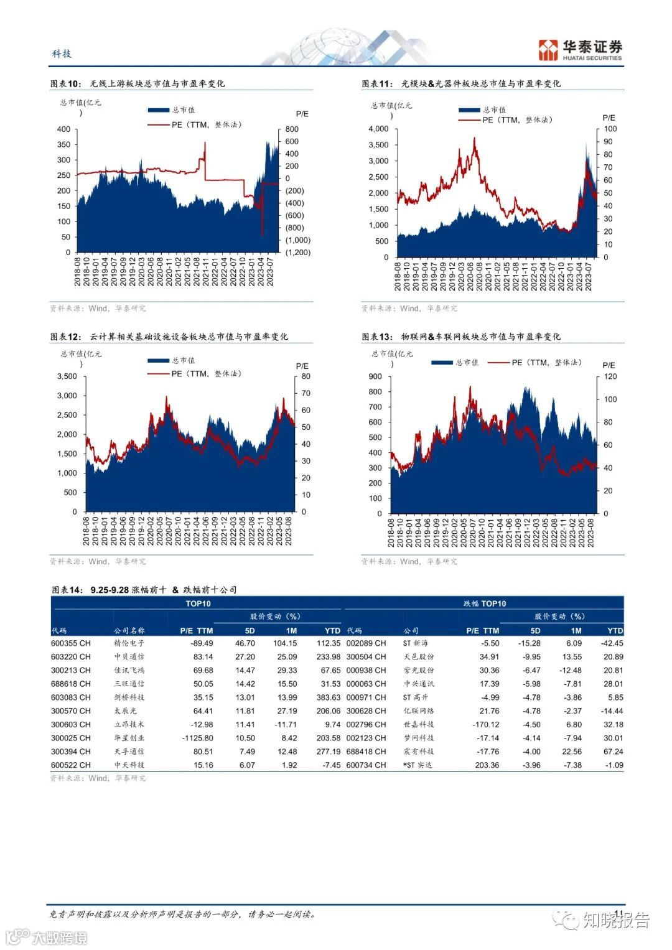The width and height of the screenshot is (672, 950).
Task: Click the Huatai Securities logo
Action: (x=580, y=50)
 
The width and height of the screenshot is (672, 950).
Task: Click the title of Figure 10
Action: (x=138, y=83)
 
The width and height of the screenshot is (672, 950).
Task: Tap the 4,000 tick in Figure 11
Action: (x=378, y=129)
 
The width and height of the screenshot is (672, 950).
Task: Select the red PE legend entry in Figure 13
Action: (x=534, y=362)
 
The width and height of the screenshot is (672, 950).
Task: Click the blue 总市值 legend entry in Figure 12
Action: (x=171, y=360)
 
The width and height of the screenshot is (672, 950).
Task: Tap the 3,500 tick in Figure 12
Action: (x=67, y=376)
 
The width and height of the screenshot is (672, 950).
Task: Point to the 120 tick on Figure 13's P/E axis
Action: (x=610, y=376)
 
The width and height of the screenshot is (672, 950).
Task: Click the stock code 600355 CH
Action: (x=70, y=643)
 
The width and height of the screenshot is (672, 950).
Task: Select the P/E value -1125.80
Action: (x=197, y=738)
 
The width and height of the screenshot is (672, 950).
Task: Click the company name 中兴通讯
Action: (x=419, y=684)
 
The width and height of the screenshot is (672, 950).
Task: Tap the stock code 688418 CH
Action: (x=366, y=752)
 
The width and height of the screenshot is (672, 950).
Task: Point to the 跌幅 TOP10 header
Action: (x=485, y=603)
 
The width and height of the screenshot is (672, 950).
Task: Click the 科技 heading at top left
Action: (x=62, y=54)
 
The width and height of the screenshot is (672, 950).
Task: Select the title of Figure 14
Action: (x=144, y=590)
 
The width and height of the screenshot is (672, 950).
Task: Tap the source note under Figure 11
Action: (x=409, y=308)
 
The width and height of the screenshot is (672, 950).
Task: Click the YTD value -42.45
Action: (x=613, y=643)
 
